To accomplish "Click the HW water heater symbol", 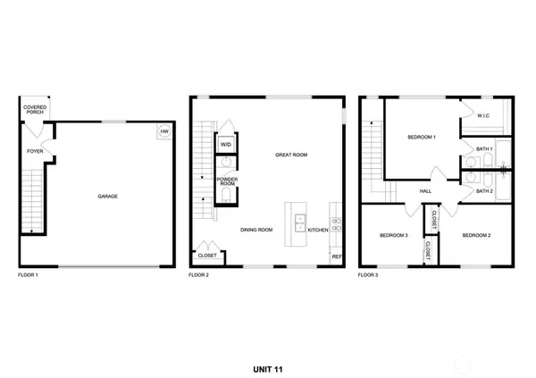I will [164, 132].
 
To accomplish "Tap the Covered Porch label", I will [35, 110].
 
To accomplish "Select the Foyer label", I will [35, 151].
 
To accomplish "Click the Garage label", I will [108, 196].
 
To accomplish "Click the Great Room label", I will [291, 155].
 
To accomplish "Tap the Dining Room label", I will [257, 230].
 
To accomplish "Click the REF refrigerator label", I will [337, 256].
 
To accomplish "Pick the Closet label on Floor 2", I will [207, 255].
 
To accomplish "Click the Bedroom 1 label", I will [422, 137].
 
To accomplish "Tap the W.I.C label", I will [483, 115].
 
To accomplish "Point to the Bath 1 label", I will [484, 148].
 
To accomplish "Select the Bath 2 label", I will [484, 190].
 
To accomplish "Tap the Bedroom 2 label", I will [476, 235].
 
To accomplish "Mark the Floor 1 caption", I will [28, 275].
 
